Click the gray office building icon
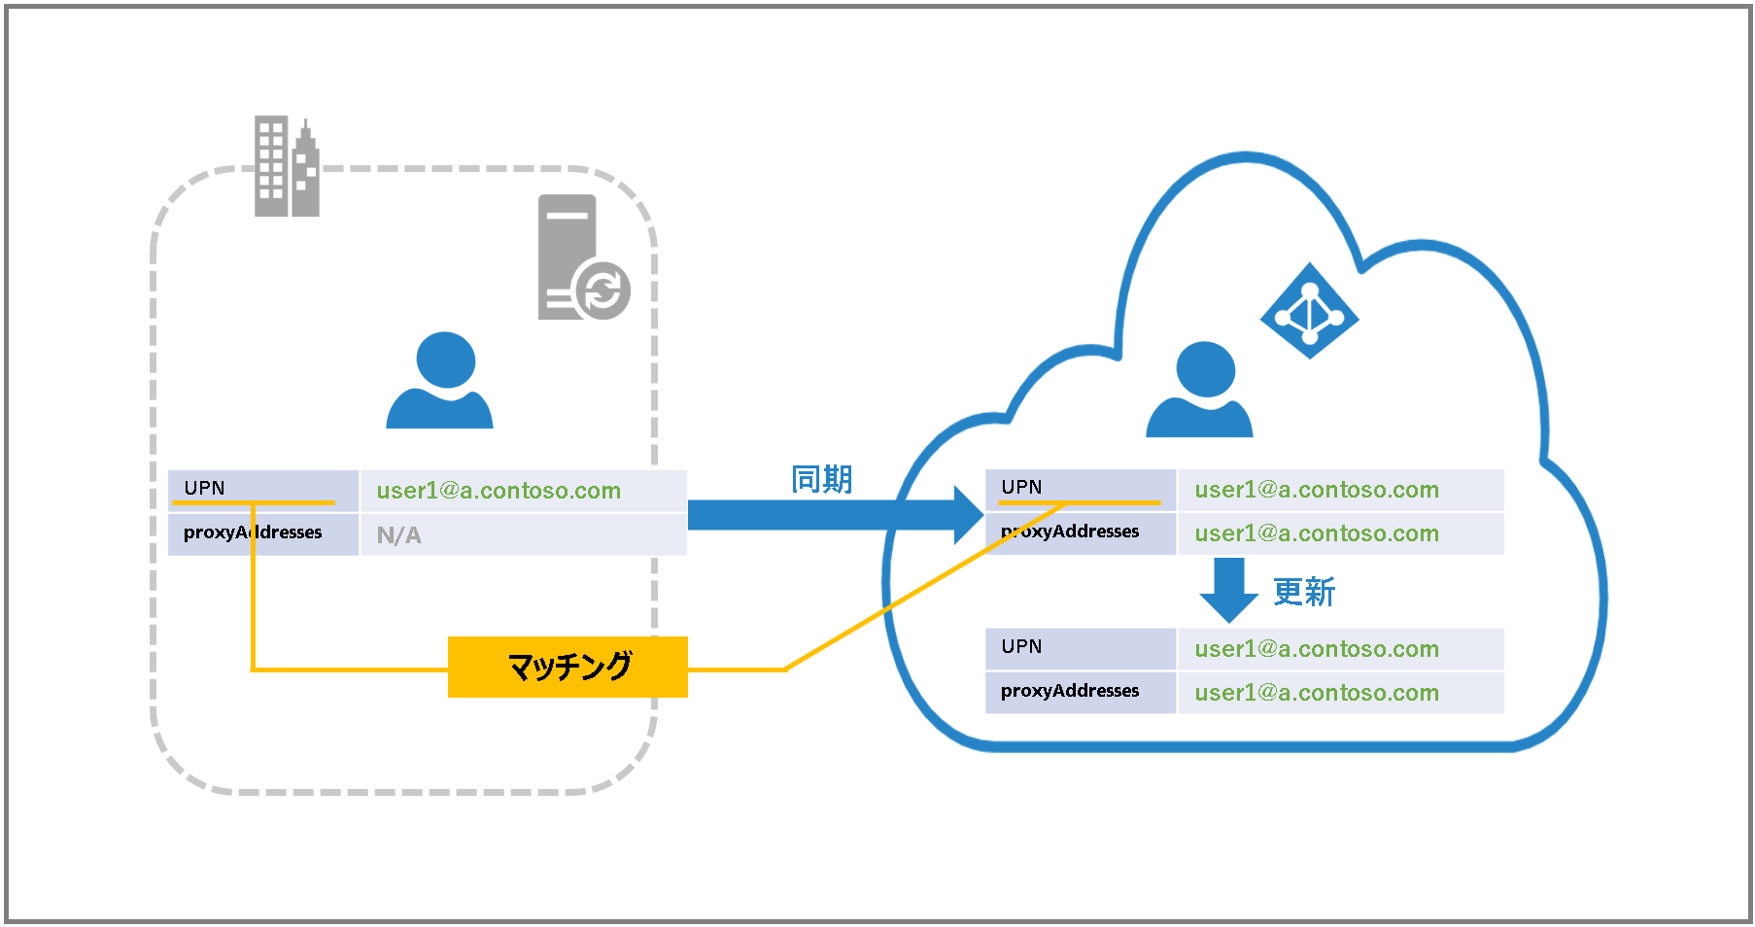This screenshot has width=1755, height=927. (286, 167)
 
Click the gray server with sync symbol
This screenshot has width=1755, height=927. (580, 258)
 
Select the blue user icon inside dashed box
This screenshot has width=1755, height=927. (440, 381)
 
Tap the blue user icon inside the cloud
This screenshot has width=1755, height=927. (1200, 390)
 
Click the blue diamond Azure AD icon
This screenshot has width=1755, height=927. (1309, 311)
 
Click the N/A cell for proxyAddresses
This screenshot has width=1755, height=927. (523, 535)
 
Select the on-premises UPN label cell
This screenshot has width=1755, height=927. (262, 489)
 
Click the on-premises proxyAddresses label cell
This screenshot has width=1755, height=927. (262, 533)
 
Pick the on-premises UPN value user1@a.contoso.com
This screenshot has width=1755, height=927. (499, 491)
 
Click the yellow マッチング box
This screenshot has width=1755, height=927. (568, 667)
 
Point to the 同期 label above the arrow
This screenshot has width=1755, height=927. (821, 479)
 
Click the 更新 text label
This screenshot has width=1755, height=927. (1304, 592)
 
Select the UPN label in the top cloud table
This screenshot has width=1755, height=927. (1080, 488)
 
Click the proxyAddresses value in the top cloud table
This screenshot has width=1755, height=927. (1317, 533)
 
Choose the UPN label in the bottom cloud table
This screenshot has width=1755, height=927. (1080, 647)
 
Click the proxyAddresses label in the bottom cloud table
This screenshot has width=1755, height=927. (1080, 691)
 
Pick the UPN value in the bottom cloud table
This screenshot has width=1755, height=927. (1317, 649)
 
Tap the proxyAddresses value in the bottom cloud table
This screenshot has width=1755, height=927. (1317, 693)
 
